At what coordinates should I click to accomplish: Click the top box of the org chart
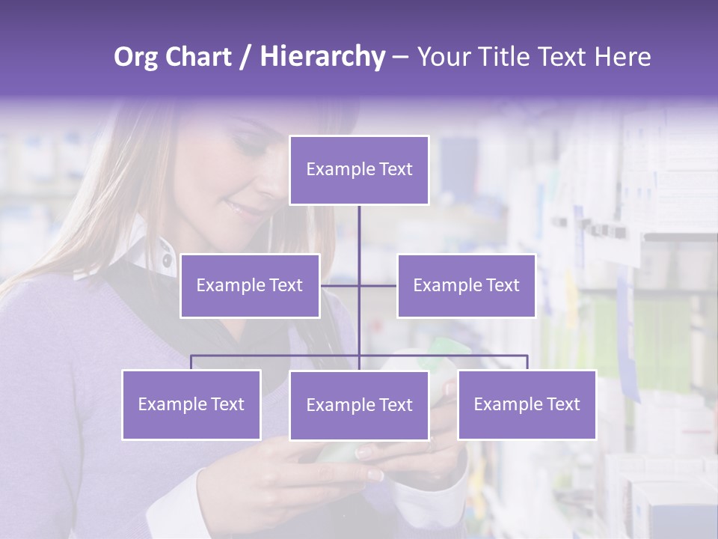(359, 170)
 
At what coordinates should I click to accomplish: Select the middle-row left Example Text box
(250, 285)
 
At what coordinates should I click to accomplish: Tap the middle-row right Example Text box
(466, 285)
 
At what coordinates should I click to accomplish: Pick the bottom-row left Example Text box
(191, 404)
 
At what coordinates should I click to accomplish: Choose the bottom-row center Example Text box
(359, 405)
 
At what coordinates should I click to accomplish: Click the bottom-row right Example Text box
(527, 404)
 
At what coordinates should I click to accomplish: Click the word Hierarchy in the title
(322, 57)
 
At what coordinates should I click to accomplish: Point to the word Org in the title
(137, 57)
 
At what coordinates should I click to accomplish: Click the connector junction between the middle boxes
(359, 285)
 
